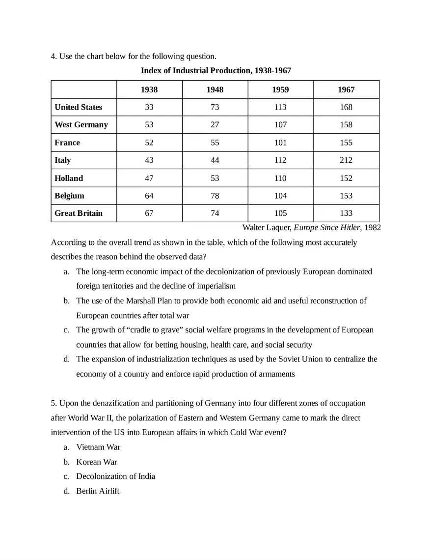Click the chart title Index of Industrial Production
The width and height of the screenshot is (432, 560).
pyautogui.click(x=216, y=71)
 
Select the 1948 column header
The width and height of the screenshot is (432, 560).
pyautogui.click(x=215, y=89)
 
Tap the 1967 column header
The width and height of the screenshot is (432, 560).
pyautogui.click(x=346, y=89)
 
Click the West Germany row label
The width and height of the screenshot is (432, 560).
pyautogui.click(x=81, y=125)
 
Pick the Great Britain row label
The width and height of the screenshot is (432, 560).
pyautogui.click(x=79, y=213)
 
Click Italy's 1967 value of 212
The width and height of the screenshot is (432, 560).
pyautogui.click(x=346, y=160)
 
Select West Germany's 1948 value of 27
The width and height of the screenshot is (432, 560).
pyautogui.click(x=215, y=125)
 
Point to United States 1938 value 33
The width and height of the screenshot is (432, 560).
pyautogui.click(x=149, y=107)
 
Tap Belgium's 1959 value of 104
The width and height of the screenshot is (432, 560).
pyautogui.click(x=280, y=196)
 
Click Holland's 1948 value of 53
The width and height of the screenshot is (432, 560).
pyautogui.click(x=215, y=178)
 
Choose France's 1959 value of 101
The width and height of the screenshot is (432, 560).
pyautogui.click(x=280, y=143)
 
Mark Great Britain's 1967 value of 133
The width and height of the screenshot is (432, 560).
pyautogui.click(x=346, y=213)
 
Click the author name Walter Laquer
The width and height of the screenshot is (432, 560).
pyautogui.click(x=267, y=228)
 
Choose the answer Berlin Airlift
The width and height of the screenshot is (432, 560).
pyautogui.click(x=98, y=491)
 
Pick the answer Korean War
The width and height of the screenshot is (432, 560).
pyautogui.click(x=97, y=462)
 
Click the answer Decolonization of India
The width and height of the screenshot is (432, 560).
pyautogui.click(x=115, y=476)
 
